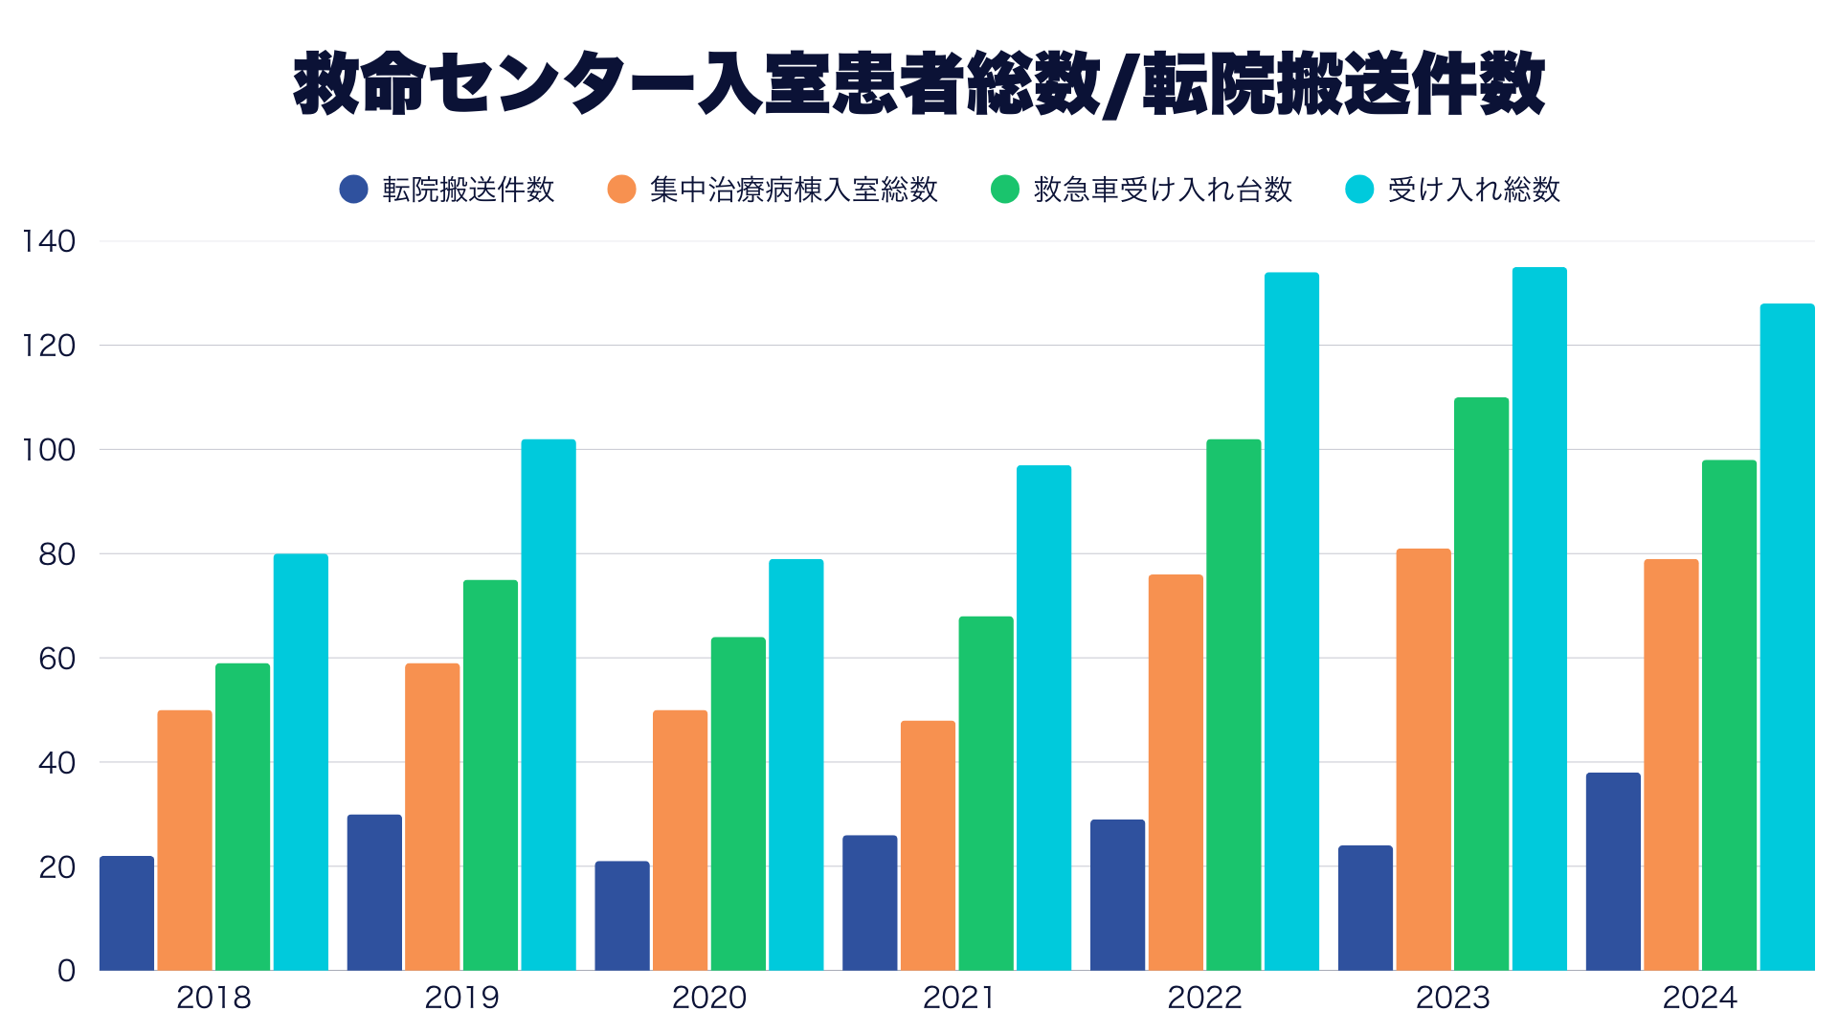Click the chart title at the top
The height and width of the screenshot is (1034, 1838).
point(919,84)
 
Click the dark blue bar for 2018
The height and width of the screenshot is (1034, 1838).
point(126,913)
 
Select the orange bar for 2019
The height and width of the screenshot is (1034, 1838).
point(432,817)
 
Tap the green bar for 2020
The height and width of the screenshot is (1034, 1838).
point(738,804)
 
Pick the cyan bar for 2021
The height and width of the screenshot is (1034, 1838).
point(1043,718)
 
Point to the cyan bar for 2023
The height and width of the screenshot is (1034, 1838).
point(1539,618)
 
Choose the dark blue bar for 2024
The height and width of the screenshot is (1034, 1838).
point(1613,871)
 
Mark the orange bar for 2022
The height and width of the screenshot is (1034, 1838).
point(1176,773)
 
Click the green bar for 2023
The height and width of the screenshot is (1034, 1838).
point(1481,684)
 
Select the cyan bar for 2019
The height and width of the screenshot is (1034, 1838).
point(549,705)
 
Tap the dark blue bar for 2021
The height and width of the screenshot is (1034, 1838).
point(870,903)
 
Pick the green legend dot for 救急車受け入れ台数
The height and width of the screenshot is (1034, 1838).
point(1005,190)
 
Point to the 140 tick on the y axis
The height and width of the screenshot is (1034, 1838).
point(49,241)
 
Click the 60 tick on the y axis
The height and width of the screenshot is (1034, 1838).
point(57,659)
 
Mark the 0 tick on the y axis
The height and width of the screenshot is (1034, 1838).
point(66,971)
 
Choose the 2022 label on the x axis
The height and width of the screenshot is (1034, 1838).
point(1204,998)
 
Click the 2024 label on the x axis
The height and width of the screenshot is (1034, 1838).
point(1700,998)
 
